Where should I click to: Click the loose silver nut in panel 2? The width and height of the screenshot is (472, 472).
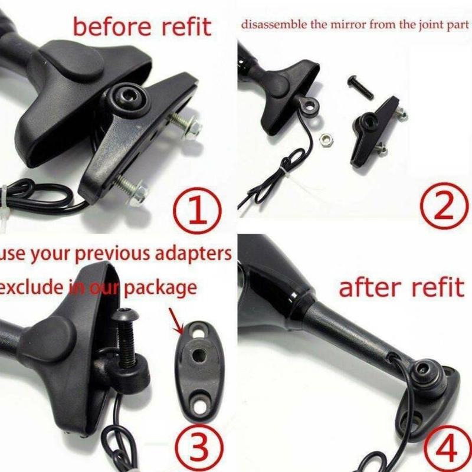point(324,139)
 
